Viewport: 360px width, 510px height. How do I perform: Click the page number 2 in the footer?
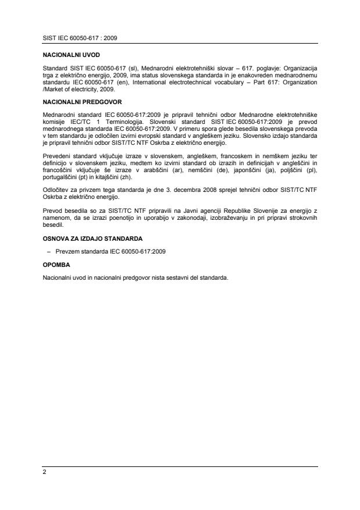(44, 472)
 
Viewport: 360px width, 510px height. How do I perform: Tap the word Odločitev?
(56, 190)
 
